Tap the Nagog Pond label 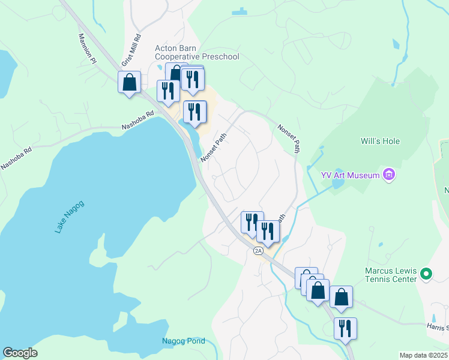click(x=184, y=341)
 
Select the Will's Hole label click(x=380, y=142)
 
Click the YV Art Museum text click(x=351, y=175)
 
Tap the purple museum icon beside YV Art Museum click(x=389, y=175)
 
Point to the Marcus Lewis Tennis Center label click(x=391, y=275)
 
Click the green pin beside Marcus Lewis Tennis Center click(x=426, y=274)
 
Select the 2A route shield click(x=258, y=251)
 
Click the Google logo click(x=20, y=353)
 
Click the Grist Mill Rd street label click(x=131, y=51)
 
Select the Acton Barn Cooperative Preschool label click(x=197, y=52)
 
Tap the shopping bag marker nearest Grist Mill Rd click(x=130, y=82)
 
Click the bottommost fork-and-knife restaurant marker click(x=345, y=329)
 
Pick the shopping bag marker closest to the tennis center click(x=341, y=297)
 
